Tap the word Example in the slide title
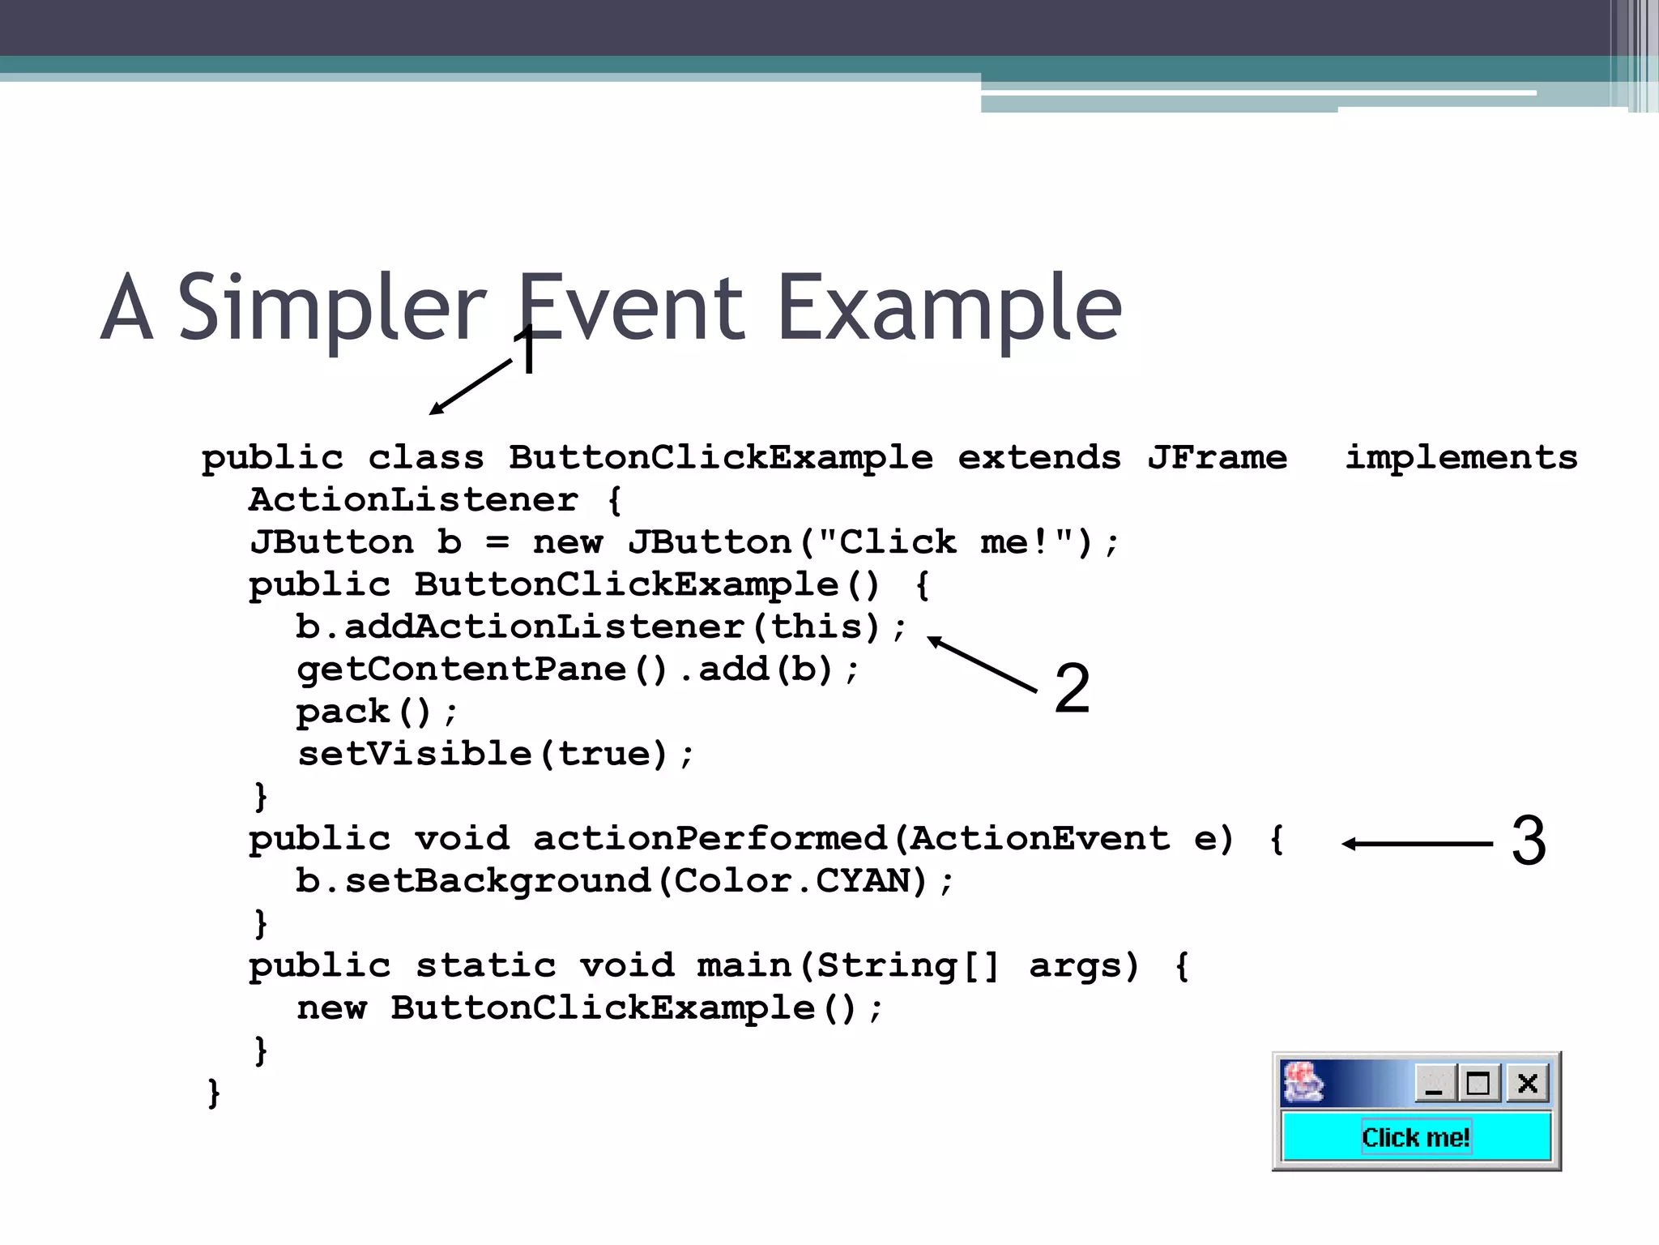click(x=949, y=308)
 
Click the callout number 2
click(x=1072, y=689)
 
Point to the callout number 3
click(x=1529, y=841)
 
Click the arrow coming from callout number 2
click(x=982, y=665)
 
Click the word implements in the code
click(x=1461, y=459)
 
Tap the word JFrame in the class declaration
click(x=1217, y=459)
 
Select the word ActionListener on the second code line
click(x=413, y=500)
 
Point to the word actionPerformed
click(x=710, y=839)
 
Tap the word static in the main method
click(x=485, y=966)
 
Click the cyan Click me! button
click(x=1415, y=1137)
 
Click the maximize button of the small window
click(x=1478, y=1083)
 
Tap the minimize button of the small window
click(x=1435, y=1083)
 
